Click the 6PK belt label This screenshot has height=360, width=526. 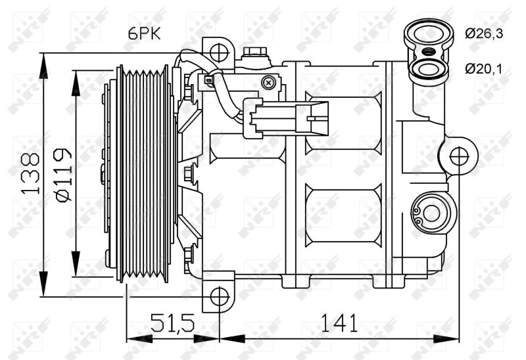(x=144, y=34)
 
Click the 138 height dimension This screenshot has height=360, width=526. (x=30, y=173)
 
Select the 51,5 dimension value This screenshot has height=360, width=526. (x=172, y=323)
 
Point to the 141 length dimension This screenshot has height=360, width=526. (x=339, y=323)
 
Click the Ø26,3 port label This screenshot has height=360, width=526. (x=484, y=34)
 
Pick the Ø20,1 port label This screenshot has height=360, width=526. (x=484, y=69)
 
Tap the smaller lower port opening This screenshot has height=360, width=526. (x=427, y=70)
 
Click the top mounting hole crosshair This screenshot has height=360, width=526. (x=219, y=53)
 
